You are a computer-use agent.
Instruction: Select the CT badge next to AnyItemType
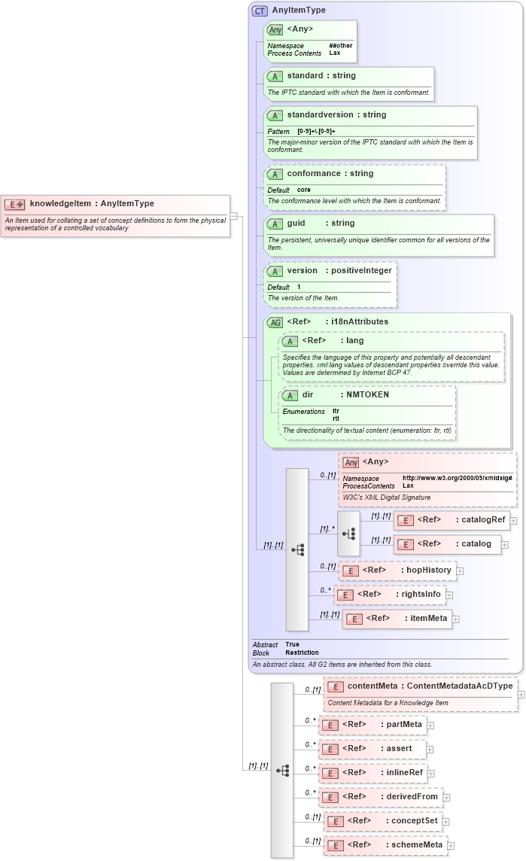pyautogui.click(x=260, y=11)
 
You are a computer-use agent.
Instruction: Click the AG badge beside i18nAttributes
pyautogui.click(x=275, y=322)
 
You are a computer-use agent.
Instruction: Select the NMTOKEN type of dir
pyautogui.click(x=367, y=394)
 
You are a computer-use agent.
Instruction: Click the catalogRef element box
pyautogui.click(x=452, y=519)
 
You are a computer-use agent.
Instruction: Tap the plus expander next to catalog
pyautogui.click(x=506, y=543)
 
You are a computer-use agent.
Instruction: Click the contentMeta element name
pyautogui.click(x=372, y=686)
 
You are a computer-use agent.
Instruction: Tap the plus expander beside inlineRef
pyautogui.click(x=431, y=773)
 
